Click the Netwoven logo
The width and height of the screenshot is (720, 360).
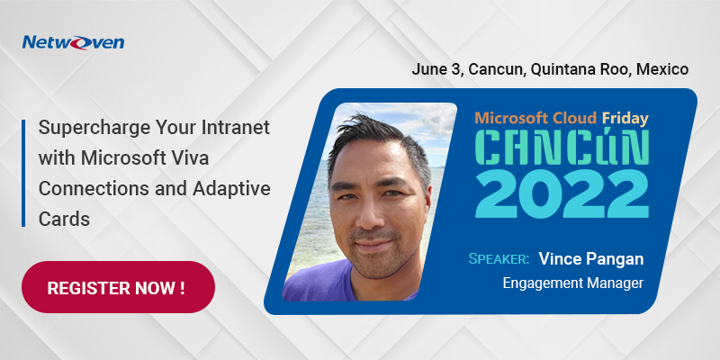click(74, 42)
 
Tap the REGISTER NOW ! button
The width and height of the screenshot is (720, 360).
click(118, 287)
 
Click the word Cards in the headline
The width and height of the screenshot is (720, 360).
click(64, 219)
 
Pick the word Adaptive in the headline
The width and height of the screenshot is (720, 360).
click(232, 188)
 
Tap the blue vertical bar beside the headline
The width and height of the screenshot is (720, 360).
click(23, 173)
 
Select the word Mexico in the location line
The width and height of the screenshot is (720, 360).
click(662, 69)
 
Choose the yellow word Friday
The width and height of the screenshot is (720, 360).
click(625, 119)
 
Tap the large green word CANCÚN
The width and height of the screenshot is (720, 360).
click(562, 148)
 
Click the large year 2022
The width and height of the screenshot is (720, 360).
click(562, 193)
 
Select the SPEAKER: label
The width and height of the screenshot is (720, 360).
click(499, 259)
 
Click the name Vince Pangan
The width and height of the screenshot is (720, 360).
click(591, 258)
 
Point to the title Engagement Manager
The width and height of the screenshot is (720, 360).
click(573, 283)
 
